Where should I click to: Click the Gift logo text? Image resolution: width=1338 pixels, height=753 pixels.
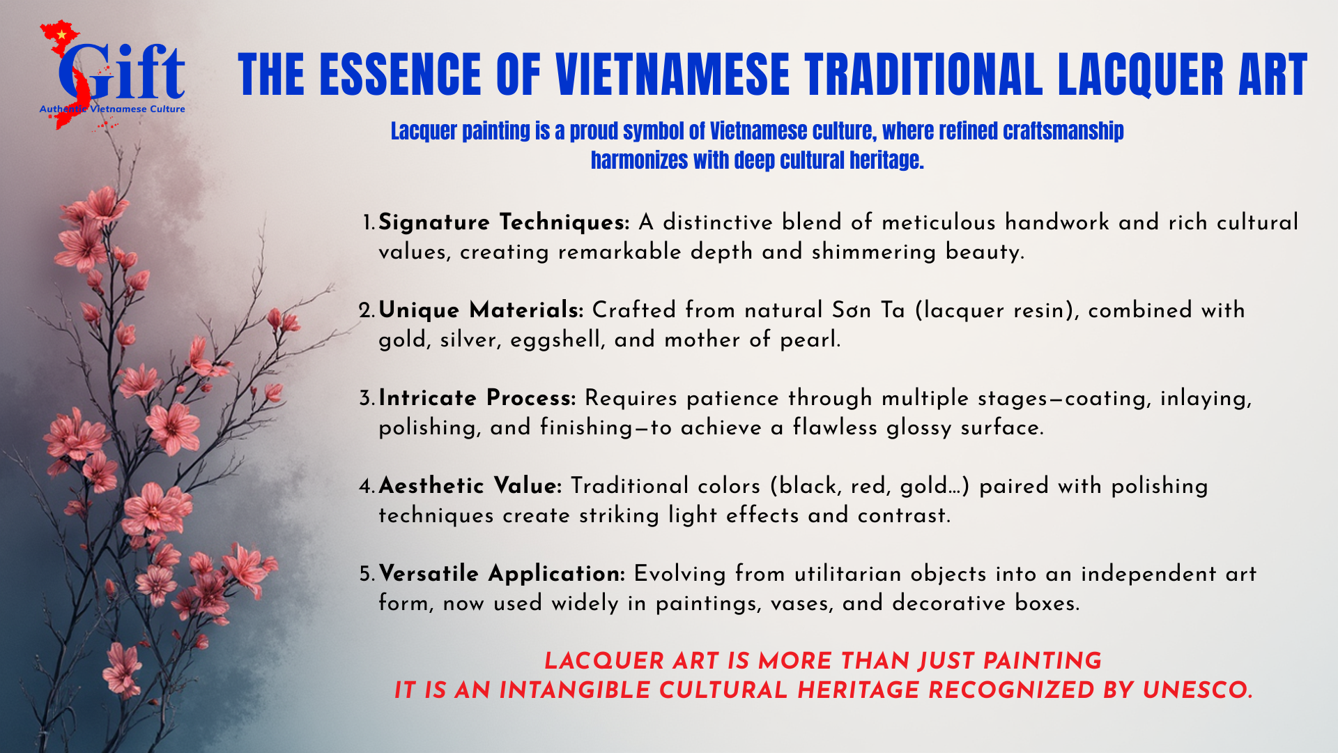[x=122, y=73]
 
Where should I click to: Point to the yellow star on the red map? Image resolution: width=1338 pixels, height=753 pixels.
[x=61, y=33]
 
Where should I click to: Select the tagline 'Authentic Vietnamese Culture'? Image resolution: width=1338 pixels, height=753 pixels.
[x=112, y=109]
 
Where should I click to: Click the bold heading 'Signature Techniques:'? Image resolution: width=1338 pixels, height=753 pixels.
[x=504, y=222]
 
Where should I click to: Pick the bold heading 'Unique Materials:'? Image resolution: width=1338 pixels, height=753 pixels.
[x=481, y=310]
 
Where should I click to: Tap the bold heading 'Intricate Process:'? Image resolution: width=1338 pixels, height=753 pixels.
[x=477, y=398]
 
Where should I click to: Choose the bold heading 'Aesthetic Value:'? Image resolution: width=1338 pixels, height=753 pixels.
[x=470, y=486]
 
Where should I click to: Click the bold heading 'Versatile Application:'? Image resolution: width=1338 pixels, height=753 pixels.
[x=502, y=574]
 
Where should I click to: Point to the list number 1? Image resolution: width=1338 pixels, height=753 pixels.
[x=369, y=223]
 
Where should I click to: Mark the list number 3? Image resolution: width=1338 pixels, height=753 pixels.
[x=367, y=399]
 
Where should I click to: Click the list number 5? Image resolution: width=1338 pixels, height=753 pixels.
[x=367, y=575]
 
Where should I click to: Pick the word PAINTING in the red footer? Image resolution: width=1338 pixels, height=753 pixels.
[x=1043, y=661]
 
